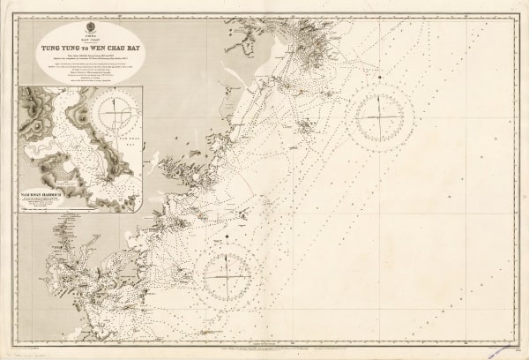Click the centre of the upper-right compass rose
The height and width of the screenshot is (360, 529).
pos(379,118)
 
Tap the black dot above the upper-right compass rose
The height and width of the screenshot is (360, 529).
pos(379,78)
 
